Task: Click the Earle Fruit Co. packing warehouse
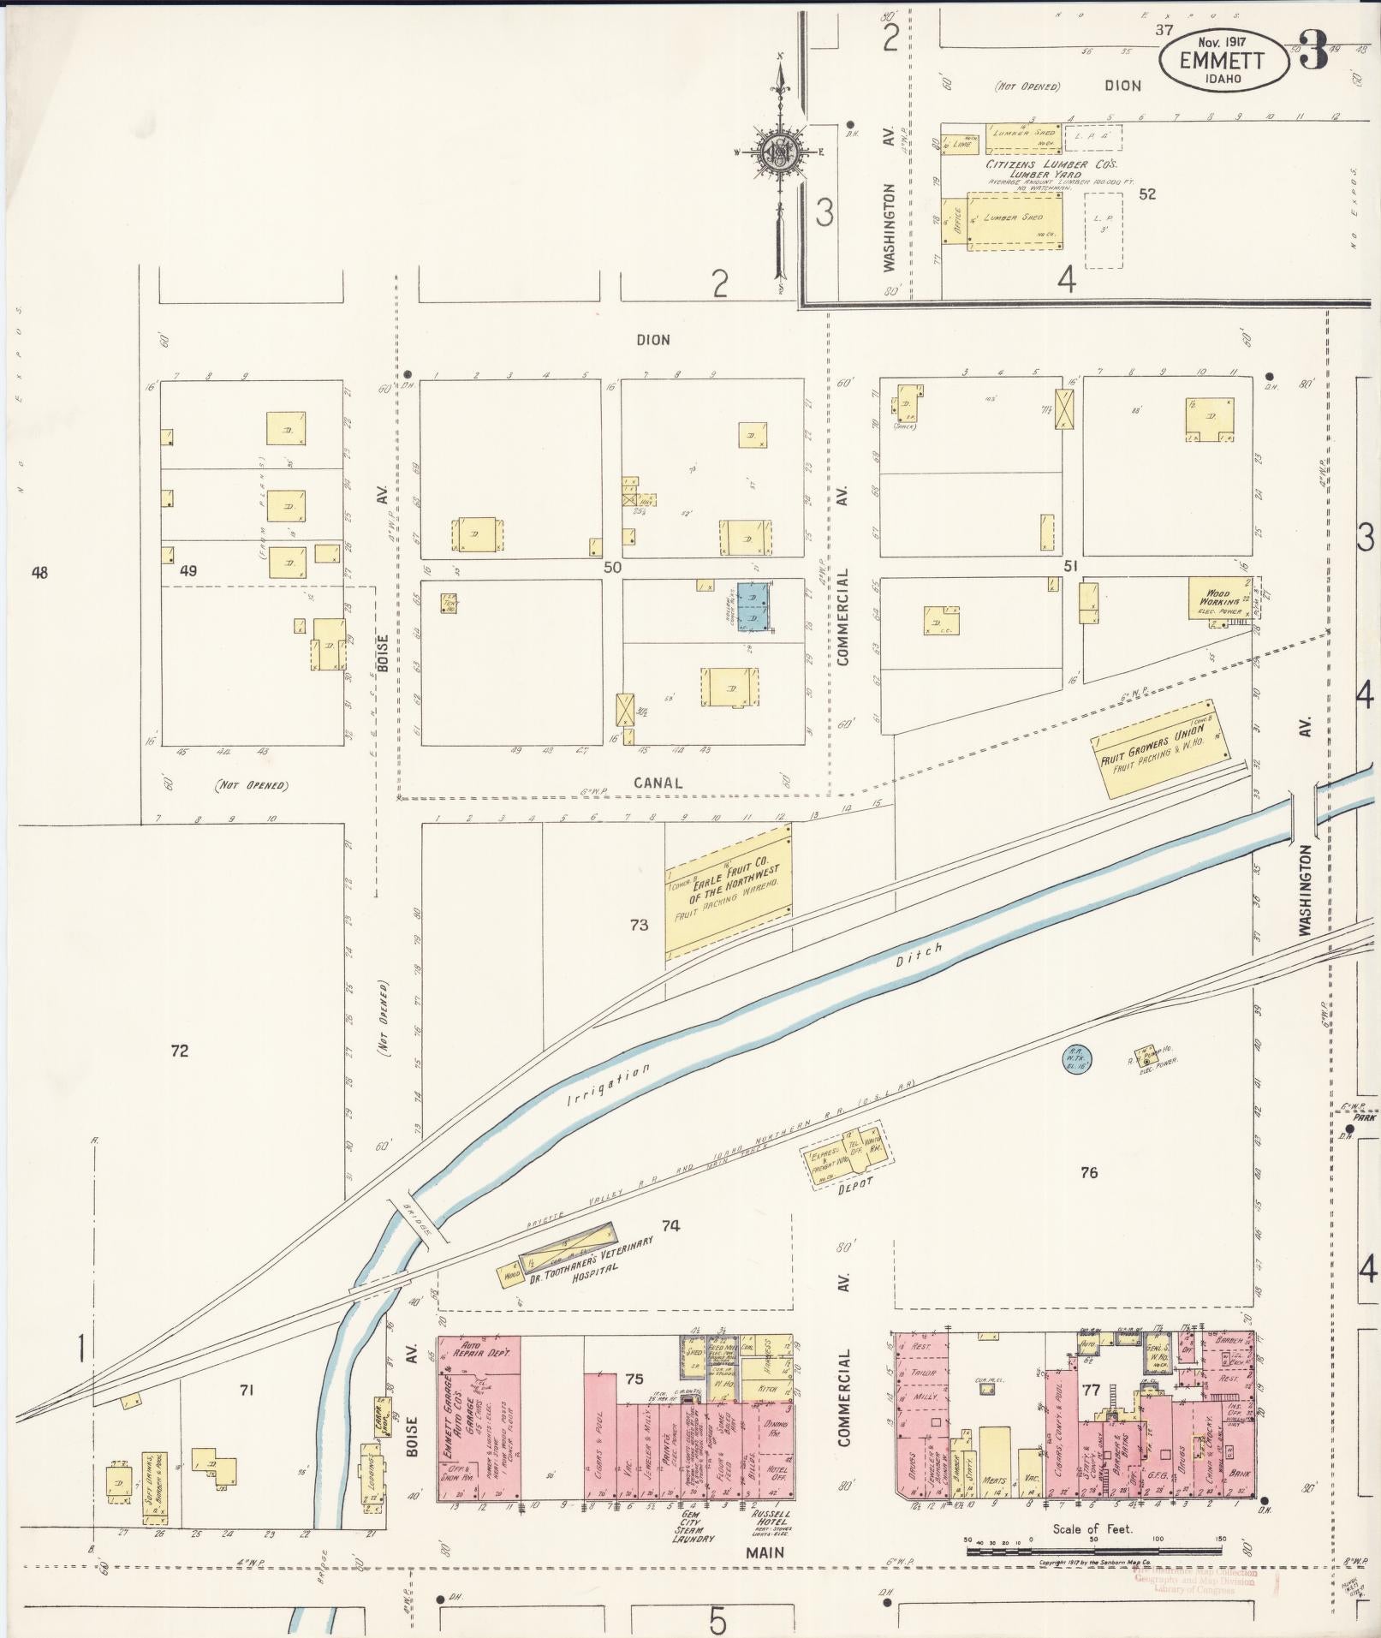[x=728, y=890]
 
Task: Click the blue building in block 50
[x=755, y=607]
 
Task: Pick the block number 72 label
[x=179, y=1051]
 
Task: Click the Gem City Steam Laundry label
[x=695, y=1525]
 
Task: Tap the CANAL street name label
[x=658, y=782]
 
